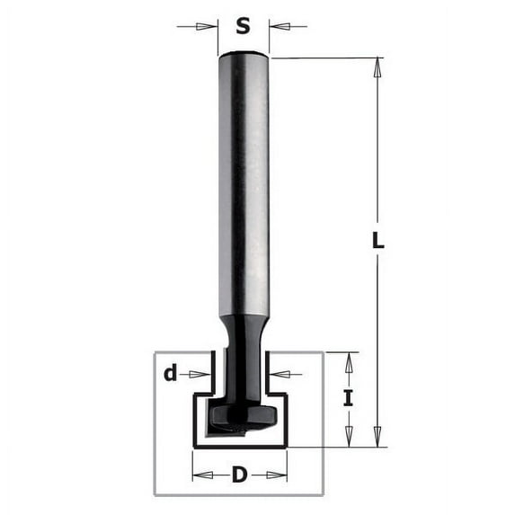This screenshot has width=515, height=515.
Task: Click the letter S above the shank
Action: click(x=243, y=26)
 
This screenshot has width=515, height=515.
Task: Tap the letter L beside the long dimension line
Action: click(x=378, y=241)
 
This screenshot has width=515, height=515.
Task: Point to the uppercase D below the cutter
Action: click(x=239, y=475)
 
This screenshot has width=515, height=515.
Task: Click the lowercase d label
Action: click(x=170, y=374)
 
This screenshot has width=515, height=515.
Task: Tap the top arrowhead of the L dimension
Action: click(x=378, y=66)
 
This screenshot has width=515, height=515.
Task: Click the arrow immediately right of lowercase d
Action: click(x=203, y=374)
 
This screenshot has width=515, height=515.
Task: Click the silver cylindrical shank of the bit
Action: click(x=244, y=180)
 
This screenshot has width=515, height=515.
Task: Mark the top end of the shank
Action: click(x=244, y=57)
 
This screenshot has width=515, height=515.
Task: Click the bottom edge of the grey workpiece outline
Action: click(x=239, y=494)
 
